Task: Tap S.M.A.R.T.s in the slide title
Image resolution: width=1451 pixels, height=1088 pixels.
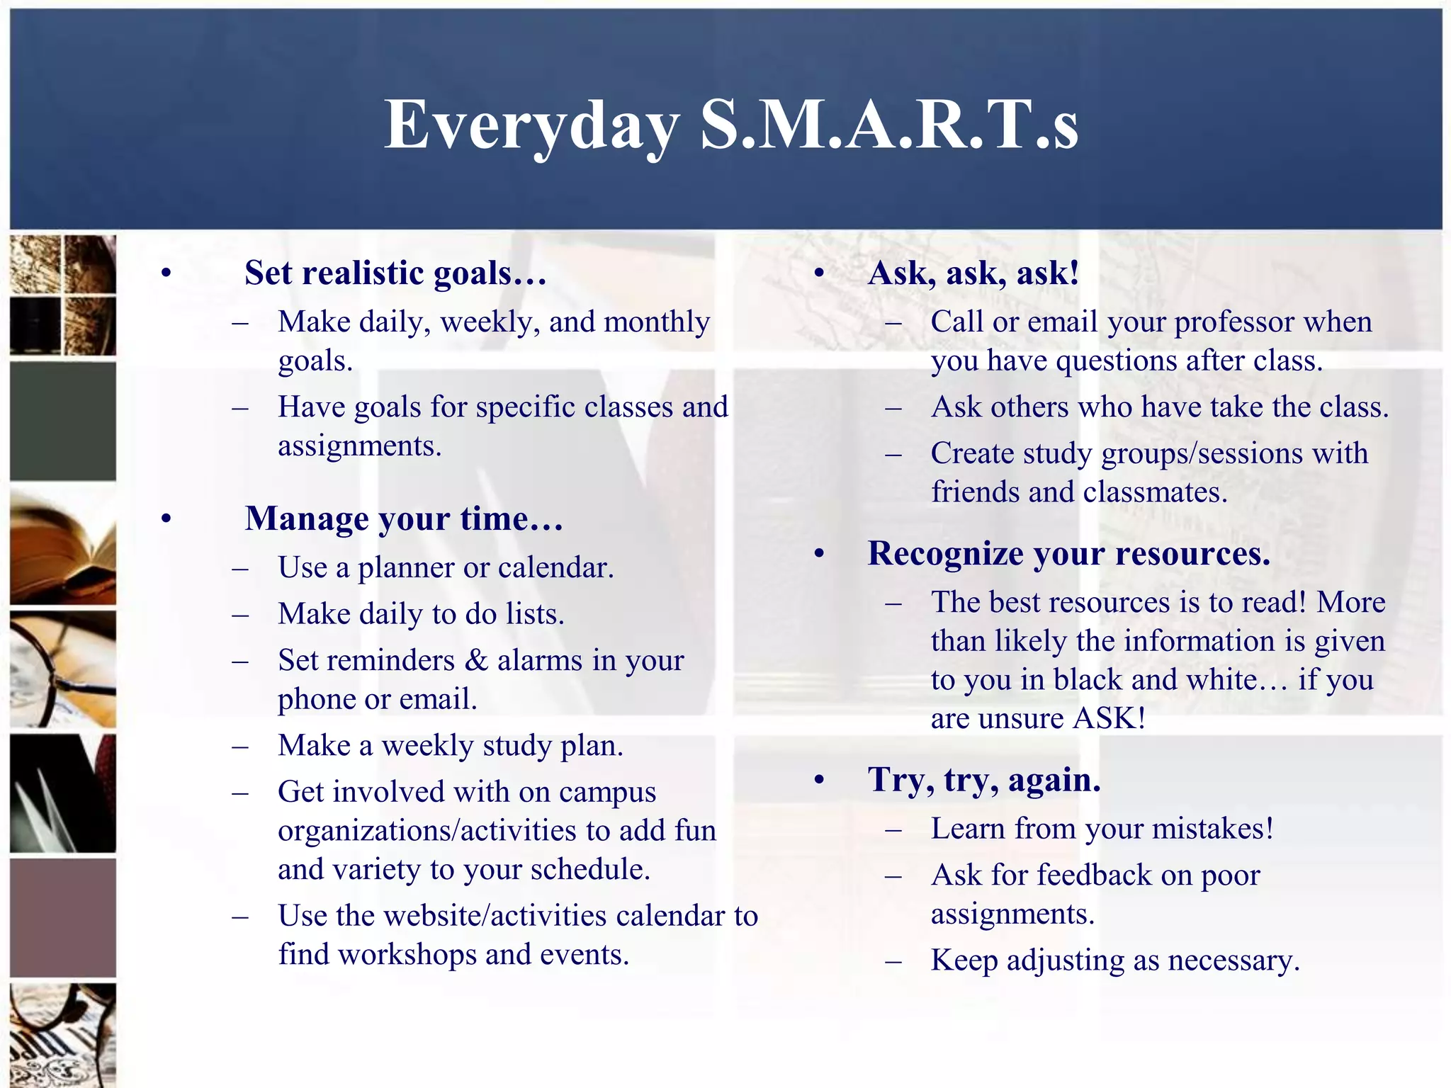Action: [x=889, y=125]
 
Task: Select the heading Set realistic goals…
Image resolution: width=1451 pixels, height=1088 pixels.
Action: [x=395, y=273]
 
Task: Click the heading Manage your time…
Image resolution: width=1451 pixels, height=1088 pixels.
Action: [x=404, y=519]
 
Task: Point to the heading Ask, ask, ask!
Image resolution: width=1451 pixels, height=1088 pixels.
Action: [x=973, y=273]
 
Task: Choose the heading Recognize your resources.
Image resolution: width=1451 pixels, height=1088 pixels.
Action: [x=1068, y=554]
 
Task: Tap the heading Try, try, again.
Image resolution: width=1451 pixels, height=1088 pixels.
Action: [x=984, y=781]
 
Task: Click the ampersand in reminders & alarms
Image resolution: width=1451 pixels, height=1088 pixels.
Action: [x=477, y=661]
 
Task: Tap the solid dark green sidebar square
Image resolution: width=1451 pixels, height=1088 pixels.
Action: [x=63, y=421]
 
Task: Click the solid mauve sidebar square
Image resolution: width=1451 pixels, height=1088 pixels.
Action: [x=63, y=918]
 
